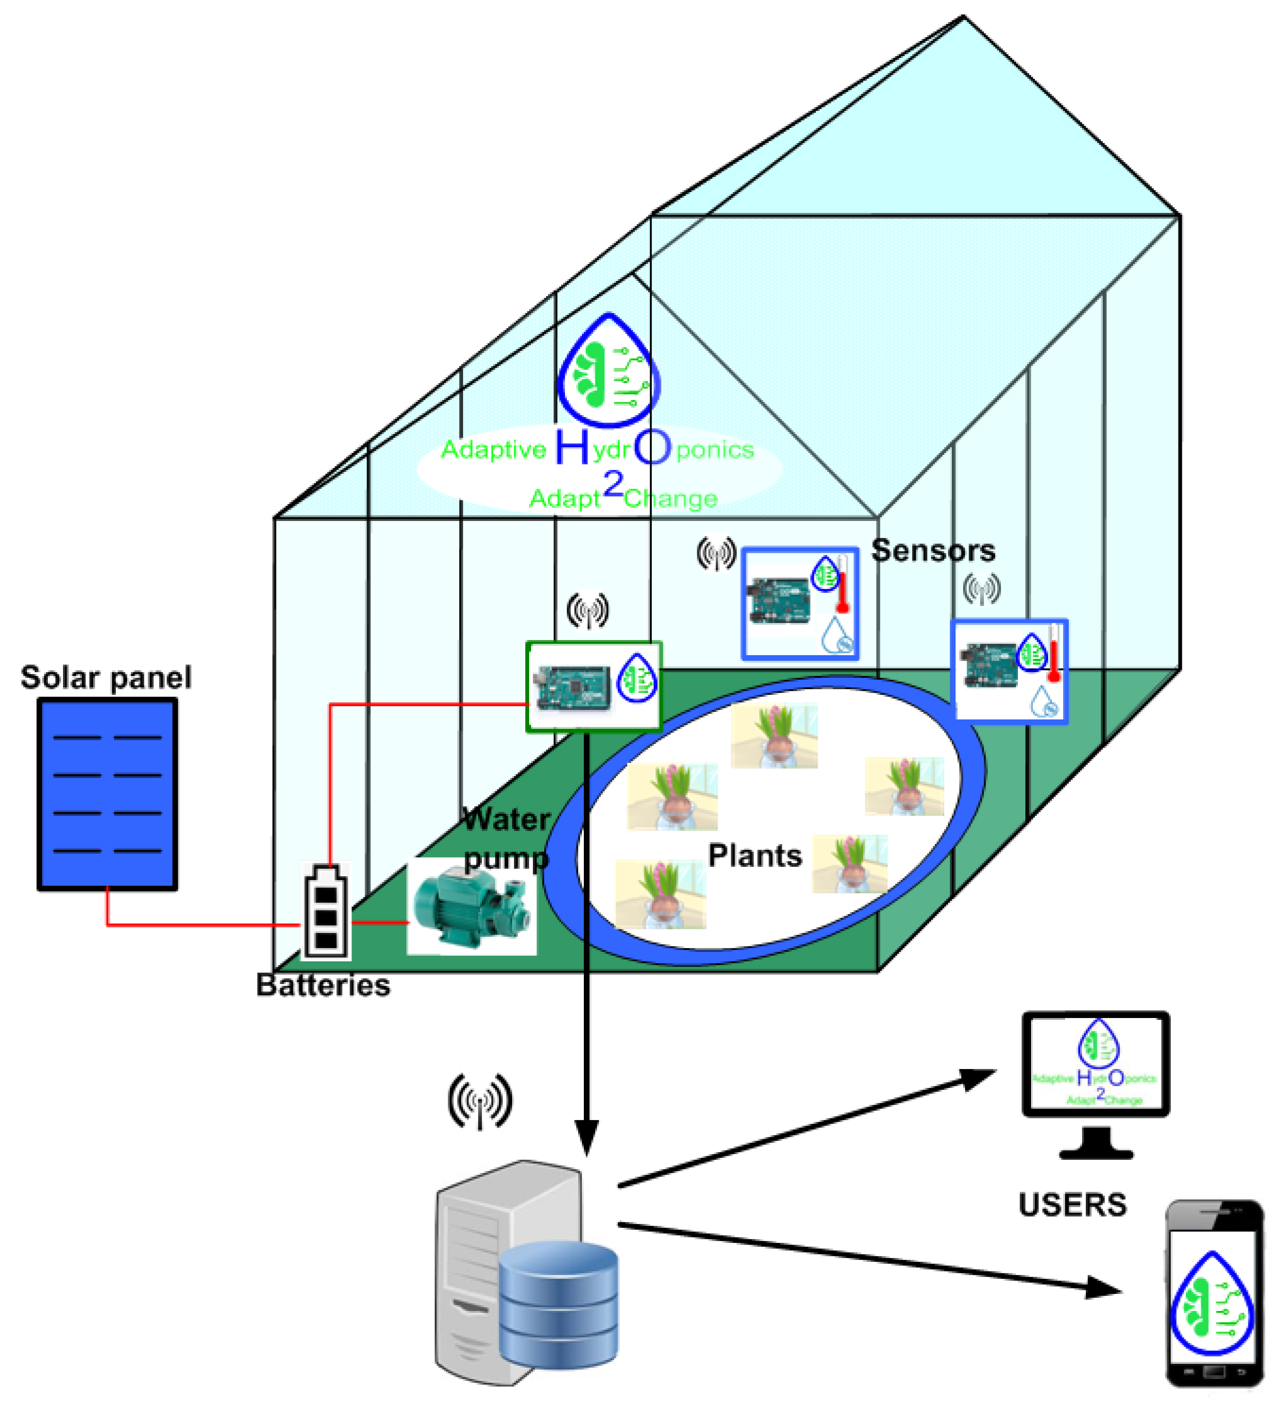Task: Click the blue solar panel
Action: coord(107,794)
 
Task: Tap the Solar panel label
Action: coord(106,677)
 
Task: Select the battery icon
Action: coord(326,912)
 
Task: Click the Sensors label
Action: coord(933,551)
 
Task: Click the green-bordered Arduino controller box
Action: coord(593,686)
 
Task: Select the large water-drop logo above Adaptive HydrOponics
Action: coord(608,372)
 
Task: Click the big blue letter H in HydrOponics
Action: coord(572,447)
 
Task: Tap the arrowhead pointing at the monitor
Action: coord(978,1078)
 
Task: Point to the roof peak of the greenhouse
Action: coord(964,18)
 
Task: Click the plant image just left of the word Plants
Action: coord(660,894)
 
